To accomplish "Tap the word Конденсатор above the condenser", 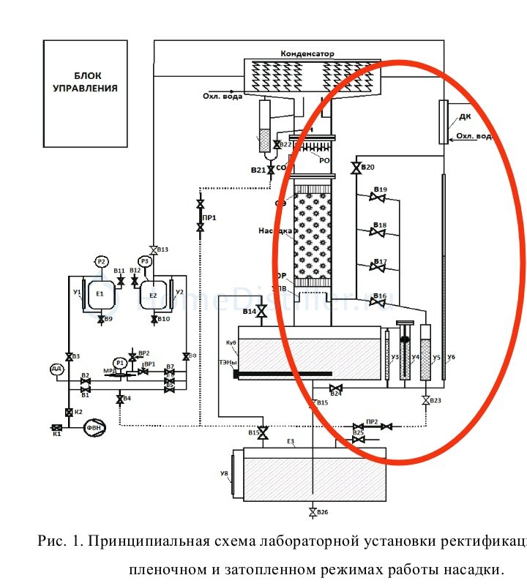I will (x=307, y=54).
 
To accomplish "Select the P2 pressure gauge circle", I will (x=102, y=262).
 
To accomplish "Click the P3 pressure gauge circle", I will (x=145, y=261).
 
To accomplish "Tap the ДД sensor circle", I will (x=56, y=369).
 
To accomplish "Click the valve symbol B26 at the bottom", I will (x=313, y=511).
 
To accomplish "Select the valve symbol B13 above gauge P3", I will (x=153, y=249).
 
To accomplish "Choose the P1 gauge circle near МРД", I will (x=120, y=363).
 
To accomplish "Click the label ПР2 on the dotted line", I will (x=372, y=421).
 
